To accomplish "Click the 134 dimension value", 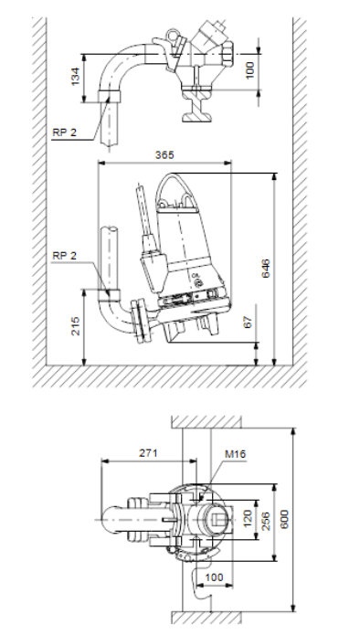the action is coord(76,77).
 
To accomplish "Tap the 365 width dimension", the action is coord(164,154).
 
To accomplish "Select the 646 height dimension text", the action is coord(266,269).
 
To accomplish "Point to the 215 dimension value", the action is coord(76,326).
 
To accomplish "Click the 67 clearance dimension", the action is coord(249,322).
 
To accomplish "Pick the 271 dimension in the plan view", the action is coord(148,453).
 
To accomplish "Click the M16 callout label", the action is coord(235,454).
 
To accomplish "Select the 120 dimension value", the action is coord(248,519).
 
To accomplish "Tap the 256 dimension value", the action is coord(265,521).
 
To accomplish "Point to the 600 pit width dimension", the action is coord(284,519).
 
